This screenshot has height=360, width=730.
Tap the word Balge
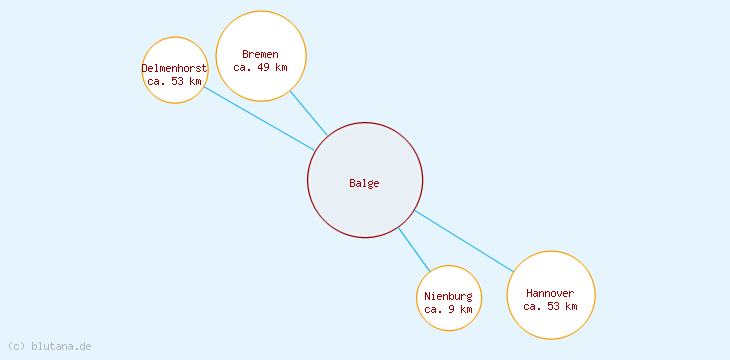365,183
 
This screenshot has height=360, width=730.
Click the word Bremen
261,54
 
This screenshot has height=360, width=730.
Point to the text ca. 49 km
261,68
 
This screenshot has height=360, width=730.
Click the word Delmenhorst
175,68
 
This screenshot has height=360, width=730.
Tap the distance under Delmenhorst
175,81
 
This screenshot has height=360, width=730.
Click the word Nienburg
449,297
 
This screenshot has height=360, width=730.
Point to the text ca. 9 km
449,310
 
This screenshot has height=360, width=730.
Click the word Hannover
551,293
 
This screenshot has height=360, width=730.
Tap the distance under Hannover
551,306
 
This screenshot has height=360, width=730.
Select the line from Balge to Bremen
309,114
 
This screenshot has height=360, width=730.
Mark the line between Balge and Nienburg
414,249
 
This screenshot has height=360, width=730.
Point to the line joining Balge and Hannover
464,241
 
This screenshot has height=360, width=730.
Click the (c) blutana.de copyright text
50,346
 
